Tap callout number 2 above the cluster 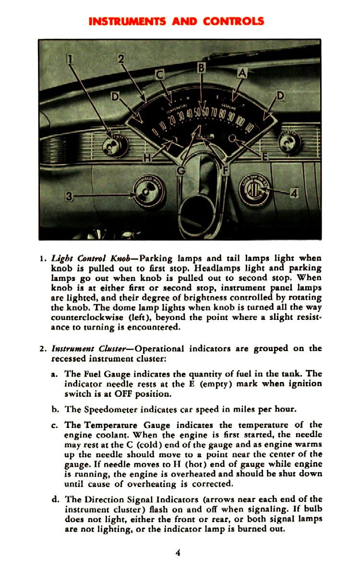pyautogui.click(x=121, y=59)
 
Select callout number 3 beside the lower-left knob pyautogui.click(x=71, y=196)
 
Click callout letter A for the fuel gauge pyautogui.click(x=242, y=73)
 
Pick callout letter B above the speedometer pyautogui.click(x=201, y=68)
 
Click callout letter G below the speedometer pyautogui.click(x=181, y=170)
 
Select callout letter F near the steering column pyautogui.click(x=225, y=170)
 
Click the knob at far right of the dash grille pyautogui.click(x=289, y=142)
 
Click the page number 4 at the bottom pyautogui.click(x=178, y=553)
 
